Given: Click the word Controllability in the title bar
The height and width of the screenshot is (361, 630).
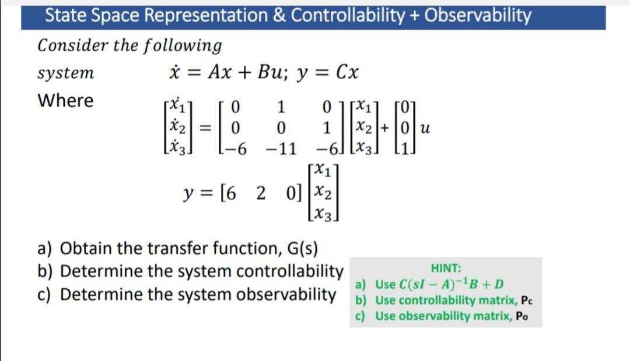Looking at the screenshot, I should (347, 16).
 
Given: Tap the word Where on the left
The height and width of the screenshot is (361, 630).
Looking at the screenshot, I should (65, 101).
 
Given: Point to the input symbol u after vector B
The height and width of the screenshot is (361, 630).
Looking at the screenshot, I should (425, 128).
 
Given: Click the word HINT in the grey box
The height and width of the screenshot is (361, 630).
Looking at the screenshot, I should (446, 268).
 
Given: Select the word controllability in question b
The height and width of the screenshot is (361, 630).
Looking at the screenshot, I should (290, 271).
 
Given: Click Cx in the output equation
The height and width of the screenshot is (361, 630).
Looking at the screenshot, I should (348, 73).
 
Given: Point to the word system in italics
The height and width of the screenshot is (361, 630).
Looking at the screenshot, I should (66, 73).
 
